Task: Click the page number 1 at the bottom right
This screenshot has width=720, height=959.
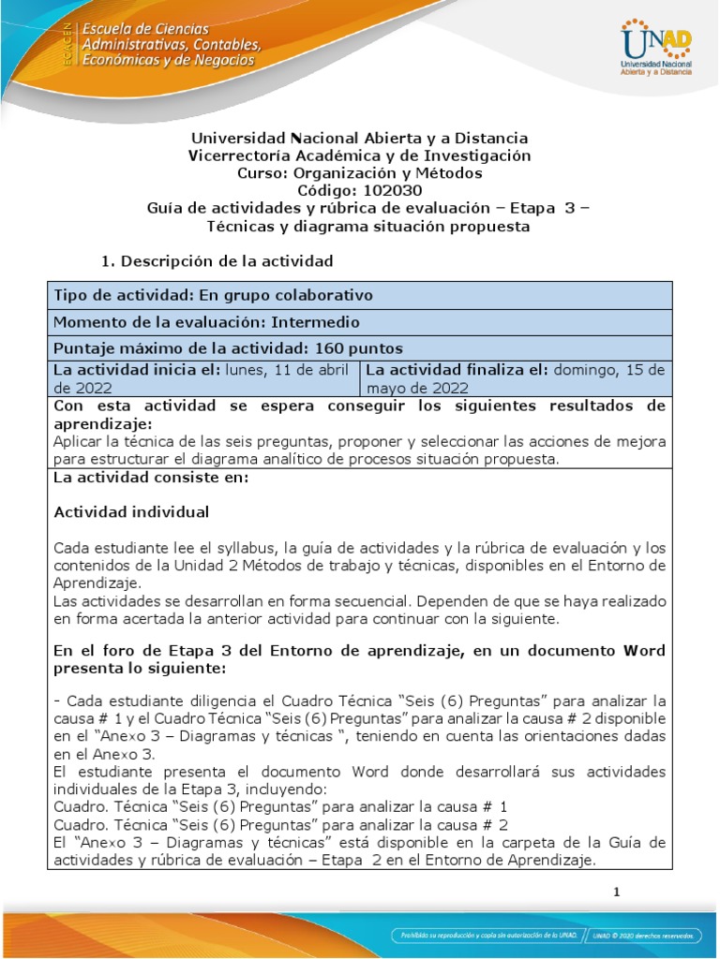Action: click(x=617, y=893)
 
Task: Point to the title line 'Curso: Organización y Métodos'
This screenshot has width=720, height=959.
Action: click(x=360, y=173)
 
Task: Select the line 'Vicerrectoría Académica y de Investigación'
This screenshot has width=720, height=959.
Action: click(x=360, y=155)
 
